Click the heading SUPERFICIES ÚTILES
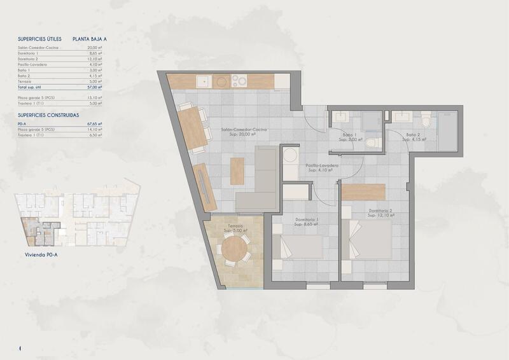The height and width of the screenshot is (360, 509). [40, 39]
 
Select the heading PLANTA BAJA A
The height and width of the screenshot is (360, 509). [90, 39]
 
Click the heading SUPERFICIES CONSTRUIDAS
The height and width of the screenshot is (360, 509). [48, 115]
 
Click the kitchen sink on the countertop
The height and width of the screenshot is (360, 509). [203, 81]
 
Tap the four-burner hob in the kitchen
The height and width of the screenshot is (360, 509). [239, 81]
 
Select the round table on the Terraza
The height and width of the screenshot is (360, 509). [233, 250]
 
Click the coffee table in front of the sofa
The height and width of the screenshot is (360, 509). [237, 171]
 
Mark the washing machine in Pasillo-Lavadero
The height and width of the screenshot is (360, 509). [290, 156]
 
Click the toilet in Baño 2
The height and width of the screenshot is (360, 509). [426, 119]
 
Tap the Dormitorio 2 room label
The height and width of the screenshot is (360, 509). [380, 211]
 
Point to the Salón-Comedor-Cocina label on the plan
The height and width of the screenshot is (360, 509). [244, 130]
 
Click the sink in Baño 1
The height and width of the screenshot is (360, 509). [340, 118]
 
